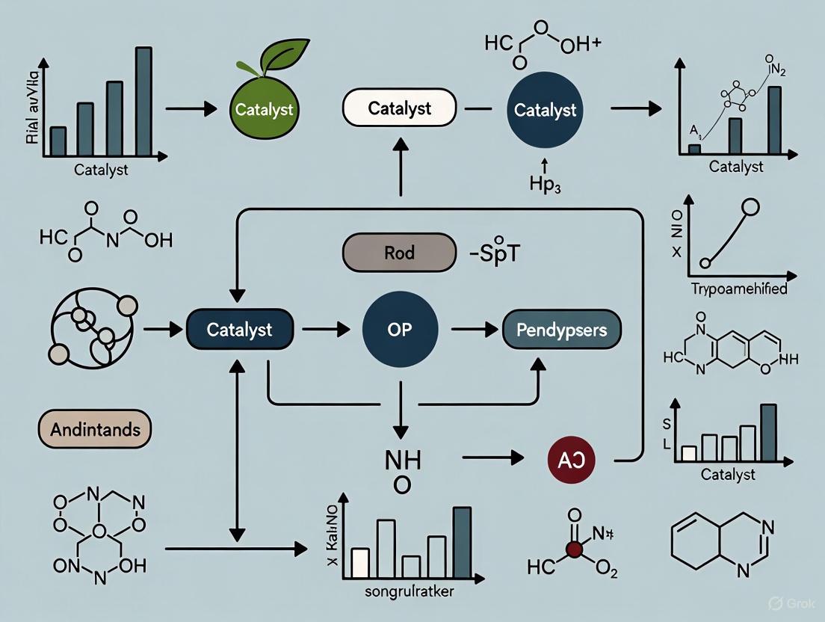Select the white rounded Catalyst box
point(399,108)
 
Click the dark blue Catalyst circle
point(545,111)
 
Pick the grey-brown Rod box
point(399,252)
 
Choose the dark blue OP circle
point(400,330)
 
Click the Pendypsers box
point(562,330)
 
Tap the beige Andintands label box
point(94,430)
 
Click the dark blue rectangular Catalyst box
point(239,330)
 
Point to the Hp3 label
point(545,185)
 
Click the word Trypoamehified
point(738,289)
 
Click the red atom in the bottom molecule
point(574,549)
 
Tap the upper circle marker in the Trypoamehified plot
point(751,208)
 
